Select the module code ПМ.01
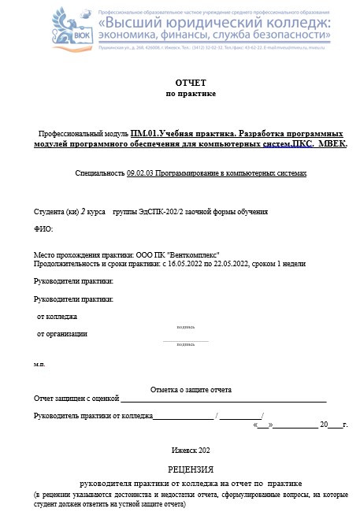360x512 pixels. click(x=147, y=134)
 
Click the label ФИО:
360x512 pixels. click(x=43, y=229)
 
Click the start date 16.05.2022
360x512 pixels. click(x=188, y=263)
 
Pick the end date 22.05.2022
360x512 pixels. click(x=233, y=263)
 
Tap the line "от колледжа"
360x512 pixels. click(x=57, y=316)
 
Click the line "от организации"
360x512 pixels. click(x=62, y=333)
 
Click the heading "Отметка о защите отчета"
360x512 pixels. click(x=191, y=390)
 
